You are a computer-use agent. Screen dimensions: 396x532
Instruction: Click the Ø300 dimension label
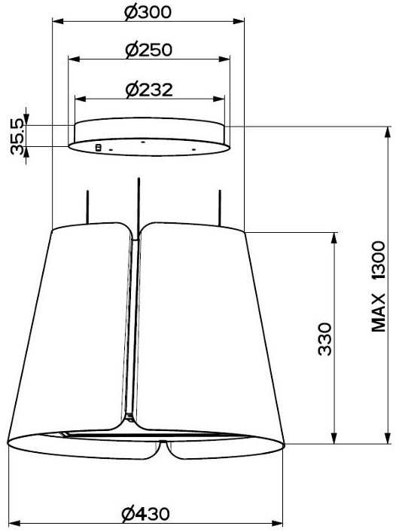[x=148, y=13]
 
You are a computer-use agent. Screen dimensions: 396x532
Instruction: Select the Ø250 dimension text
[x=149, y=50]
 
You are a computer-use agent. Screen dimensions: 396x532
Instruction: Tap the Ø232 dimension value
[x=149, y=90]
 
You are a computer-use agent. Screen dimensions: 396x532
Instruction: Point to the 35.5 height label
[x=17, y=136]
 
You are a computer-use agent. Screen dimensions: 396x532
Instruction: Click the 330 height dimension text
[x=324, y=339]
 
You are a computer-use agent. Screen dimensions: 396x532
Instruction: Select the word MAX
[x=379, y=313]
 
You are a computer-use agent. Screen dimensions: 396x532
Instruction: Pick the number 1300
[x=379, y=260]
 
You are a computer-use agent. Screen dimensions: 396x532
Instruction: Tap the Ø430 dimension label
[x=145, y=514]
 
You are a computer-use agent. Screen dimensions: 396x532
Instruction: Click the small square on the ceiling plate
[x=99, y=148]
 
